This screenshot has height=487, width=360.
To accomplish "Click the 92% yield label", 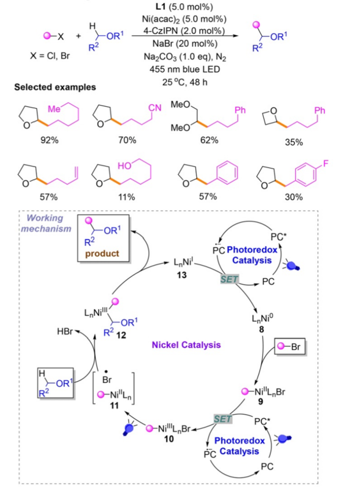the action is (49, 140).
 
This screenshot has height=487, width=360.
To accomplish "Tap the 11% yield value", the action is (127, 197).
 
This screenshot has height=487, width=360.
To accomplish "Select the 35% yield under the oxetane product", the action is (294, 142).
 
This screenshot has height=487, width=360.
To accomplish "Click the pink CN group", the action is (155, 108).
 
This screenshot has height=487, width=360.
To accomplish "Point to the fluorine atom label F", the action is (325, 163).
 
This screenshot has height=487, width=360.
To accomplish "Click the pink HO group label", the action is (124, 166).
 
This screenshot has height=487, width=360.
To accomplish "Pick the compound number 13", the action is (182, 275).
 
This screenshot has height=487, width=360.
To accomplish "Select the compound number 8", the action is (261, 329).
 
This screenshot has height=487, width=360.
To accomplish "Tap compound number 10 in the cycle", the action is (169, 439).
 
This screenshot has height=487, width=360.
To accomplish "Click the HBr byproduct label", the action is (64, 331).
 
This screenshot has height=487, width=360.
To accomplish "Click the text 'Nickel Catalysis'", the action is (186, 345).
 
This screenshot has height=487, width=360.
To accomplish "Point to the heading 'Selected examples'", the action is (55, 87).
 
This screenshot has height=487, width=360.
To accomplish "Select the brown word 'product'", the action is (102, 253).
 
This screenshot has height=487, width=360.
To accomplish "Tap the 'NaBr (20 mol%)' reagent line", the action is (184, 43).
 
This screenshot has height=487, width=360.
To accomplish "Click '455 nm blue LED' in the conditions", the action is (184, 69).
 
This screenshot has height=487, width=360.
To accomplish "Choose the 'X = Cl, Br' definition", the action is (50, 56).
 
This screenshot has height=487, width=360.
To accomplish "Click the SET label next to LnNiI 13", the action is (229, 279).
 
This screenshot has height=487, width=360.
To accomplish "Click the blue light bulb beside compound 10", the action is (128, 429).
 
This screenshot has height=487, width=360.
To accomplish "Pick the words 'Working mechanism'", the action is (46, 223).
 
